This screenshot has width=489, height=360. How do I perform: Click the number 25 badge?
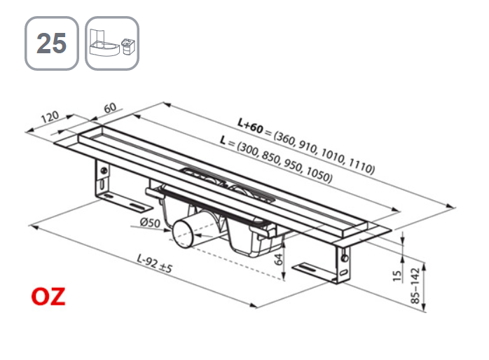(x=51, y=43)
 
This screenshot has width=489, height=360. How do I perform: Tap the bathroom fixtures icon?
(x=112, y=43)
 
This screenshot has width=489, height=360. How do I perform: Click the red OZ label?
(x=48, y=296)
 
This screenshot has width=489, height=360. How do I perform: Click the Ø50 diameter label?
(x=151, y=223)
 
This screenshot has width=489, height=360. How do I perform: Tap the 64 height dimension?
(x=279, y=261)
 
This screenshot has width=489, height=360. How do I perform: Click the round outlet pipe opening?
(x=183, y=234)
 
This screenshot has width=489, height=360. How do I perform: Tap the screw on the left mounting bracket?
(x=104, y=169)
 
